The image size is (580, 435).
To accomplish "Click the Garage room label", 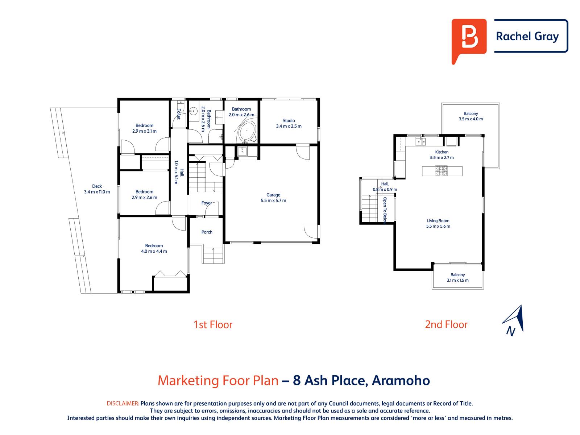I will point(273,195).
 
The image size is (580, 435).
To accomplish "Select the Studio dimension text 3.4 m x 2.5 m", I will point(289,127).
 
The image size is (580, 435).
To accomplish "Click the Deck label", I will point(97,186).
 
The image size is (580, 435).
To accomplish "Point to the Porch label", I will point(207,232).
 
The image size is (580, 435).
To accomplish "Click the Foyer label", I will point(207,203).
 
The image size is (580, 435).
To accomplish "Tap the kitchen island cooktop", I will point(442,171).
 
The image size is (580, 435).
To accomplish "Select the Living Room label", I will point(438,221).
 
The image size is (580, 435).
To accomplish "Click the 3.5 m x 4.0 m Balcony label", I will point(471,113).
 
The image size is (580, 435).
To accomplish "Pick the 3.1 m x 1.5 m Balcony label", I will point(457,275).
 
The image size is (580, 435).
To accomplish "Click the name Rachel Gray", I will point(527,36).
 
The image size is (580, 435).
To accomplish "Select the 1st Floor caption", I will point(213,324).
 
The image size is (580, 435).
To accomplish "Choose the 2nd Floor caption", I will point(446,324).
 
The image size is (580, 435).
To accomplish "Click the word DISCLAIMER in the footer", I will point(123,403).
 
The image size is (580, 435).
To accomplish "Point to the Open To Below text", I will point(385,210).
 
